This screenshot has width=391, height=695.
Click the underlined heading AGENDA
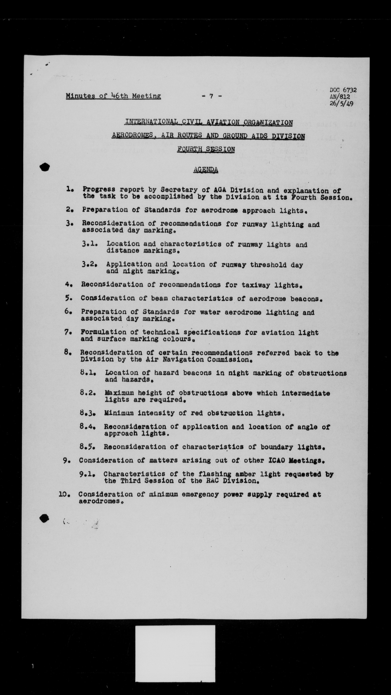206,169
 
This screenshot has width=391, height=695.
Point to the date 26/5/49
341,104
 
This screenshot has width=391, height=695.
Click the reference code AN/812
340,97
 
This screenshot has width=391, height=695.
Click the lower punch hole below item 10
44,518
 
